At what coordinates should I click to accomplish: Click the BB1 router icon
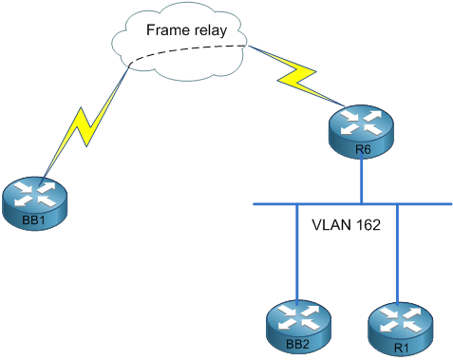(x=35, y=199)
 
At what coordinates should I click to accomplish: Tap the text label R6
(x=362, y=150)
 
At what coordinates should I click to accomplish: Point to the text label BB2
(x=298, y=343)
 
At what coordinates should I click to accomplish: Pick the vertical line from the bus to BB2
(x=298, y=252)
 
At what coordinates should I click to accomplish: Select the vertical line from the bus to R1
(x=397, y=252)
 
